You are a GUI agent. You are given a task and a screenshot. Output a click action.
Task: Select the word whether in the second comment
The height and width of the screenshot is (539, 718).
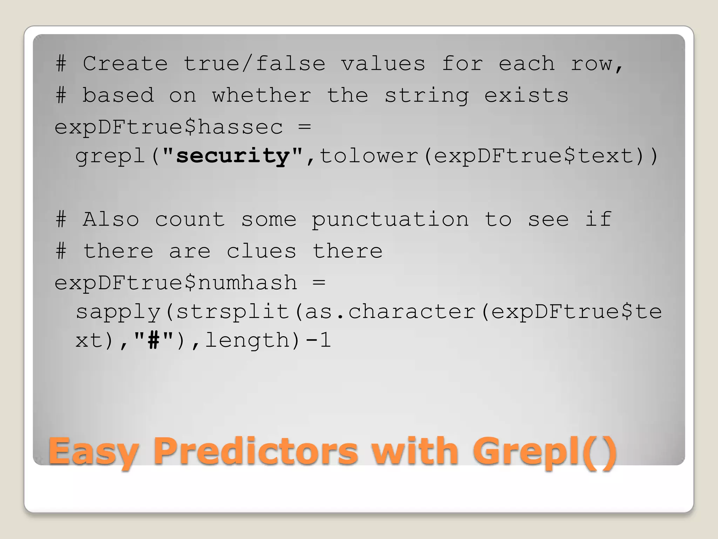coord(262,95)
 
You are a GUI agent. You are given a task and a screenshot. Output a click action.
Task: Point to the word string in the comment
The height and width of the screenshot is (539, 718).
coord(427,96)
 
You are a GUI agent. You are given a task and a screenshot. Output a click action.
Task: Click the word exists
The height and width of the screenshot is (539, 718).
coord(526,95)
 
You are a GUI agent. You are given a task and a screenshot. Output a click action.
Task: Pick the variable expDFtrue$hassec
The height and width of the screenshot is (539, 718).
coord(169,127)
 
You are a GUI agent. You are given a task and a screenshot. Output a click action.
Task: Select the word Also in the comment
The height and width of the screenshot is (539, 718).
coord(111,220)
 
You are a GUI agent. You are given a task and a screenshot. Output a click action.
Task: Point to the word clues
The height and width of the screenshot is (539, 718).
coord(261,251)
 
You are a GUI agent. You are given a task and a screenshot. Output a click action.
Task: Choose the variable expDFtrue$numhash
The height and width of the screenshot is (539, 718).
coord(176,283)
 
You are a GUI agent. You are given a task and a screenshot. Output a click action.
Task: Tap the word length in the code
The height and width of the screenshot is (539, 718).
coord(247,340)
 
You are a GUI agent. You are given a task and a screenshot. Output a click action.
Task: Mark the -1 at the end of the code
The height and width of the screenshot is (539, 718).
coord(318,340)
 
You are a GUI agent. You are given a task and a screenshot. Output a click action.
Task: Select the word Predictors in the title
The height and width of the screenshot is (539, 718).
coord(256,451)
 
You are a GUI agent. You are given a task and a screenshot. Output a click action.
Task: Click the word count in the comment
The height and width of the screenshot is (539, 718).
coord(190,220)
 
